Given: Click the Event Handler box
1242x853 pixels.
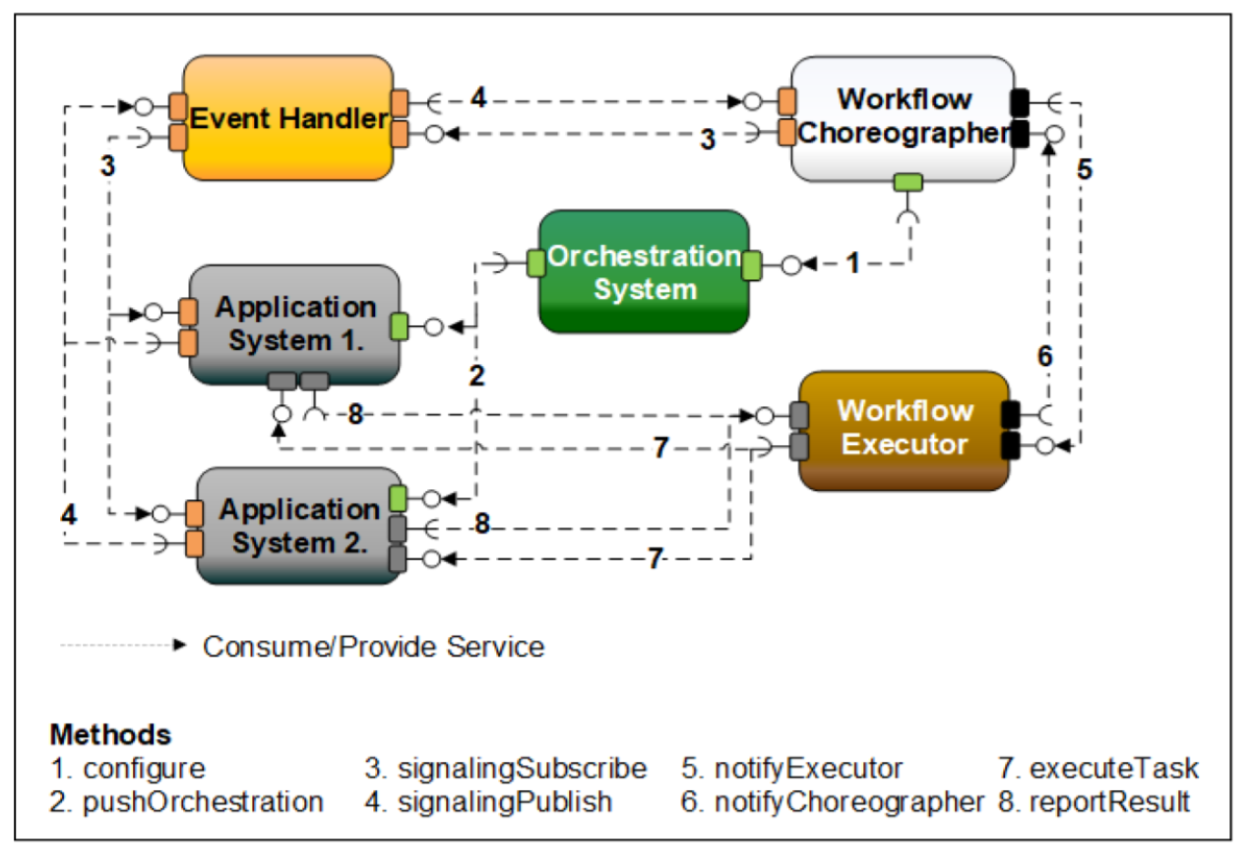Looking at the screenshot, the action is point(288,118).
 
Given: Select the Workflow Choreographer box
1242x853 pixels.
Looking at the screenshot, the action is point(903,119).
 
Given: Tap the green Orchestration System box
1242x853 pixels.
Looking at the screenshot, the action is point(644,271).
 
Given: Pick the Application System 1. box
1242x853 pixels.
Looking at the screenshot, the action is point(295,325).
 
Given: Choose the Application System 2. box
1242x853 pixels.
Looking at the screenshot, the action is point(299,526).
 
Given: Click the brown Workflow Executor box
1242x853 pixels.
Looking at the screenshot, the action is point(904,430).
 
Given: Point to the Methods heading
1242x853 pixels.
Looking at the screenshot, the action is point(111,735).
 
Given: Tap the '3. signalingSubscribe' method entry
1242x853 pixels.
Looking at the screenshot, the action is point(506,769).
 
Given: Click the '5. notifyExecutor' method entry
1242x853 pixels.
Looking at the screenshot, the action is point(792,769).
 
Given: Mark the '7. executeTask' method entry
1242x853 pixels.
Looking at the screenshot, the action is point(1098,769).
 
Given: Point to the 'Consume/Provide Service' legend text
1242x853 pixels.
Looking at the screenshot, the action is point(374,647).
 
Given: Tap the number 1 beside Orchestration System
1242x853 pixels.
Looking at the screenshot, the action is point(853,263).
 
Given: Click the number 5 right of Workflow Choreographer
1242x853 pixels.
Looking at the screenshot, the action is point(1085,169).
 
